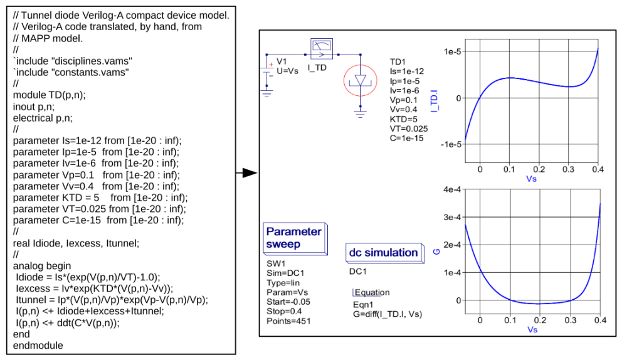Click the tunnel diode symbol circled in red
(x=360, y=80)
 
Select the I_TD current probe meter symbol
(x=321, y=49)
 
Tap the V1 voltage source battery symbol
(x=267, y=71)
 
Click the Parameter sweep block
(x=295, y=238)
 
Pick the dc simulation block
(x=384, y=253)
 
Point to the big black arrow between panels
(x=247, y=172)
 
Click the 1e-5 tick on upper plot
(x=452, y=51)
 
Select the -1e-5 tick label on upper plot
(x=451, y=144)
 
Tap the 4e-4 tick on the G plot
(x=452, y=190)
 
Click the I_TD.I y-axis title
(x=435, y=101)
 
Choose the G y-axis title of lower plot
(x=436, y=251)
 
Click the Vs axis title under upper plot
(x=531, y=179)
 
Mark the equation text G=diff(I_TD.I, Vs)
(x=387, y=314)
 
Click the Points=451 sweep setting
(x=288, y=321)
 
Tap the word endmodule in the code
(x=38, y=346)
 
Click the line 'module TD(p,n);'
(x=49, y=95)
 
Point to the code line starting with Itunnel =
(x=112, y=300)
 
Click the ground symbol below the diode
(x=360, y=114)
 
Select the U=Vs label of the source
(x=288, y=71)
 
